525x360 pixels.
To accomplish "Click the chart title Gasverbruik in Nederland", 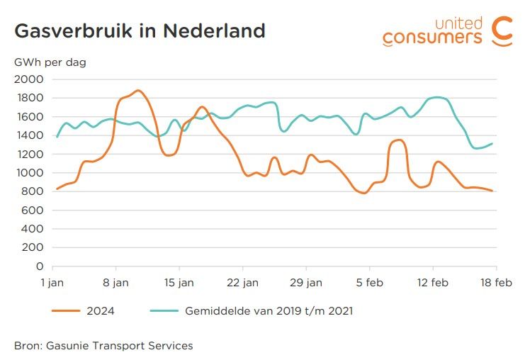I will tap(140, 31).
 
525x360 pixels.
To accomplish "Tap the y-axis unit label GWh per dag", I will tap(50, 62).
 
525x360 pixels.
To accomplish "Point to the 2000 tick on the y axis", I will tap(29, 79).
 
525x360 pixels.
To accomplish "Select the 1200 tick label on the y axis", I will tap(29, 154).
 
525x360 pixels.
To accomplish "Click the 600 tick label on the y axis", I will tap(32, 210).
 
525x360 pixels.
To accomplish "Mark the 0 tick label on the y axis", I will tap(40, 266).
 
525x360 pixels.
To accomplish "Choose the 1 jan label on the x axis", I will tap(53, 281).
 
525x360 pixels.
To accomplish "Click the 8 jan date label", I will tap(116, 281).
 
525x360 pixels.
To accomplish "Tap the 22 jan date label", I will tap(242, 281).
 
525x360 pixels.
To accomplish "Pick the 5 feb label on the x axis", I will tap(369, 281).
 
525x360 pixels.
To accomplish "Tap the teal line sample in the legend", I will tap(163, 310).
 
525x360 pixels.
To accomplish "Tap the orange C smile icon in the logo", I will tap(502, 30).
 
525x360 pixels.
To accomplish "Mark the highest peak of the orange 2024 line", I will tap(137, 91).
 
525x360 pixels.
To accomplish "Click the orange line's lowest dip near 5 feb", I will tap(364, 193).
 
